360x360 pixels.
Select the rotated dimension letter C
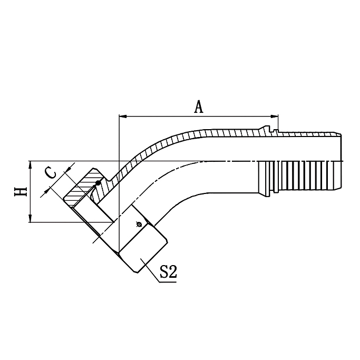[49, 172]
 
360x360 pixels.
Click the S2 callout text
[168, 273]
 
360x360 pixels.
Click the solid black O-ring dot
[98, 183]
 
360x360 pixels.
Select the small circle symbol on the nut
[138, 225]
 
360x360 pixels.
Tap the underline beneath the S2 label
[168, 282]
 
